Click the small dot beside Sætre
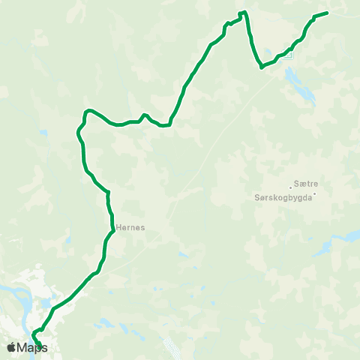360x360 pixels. [x=291, y=187]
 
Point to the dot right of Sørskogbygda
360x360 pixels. [x=316, y=196]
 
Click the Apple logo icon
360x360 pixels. [x=12, y=347]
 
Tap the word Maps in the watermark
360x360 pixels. [x=32, y=347]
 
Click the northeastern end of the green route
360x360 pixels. [x=328, y=13]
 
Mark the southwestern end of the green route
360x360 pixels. [x=38, y=346]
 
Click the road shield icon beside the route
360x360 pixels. [x=289, y=55]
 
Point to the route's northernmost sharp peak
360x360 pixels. [x=242, y=13]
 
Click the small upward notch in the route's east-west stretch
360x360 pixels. [x=144, y=115]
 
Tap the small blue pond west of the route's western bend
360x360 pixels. [x=43, y=133]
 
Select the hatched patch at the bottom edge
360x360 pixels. [x=172, y=348]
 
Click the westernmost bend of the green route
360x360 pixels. [x=78, y=133]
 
